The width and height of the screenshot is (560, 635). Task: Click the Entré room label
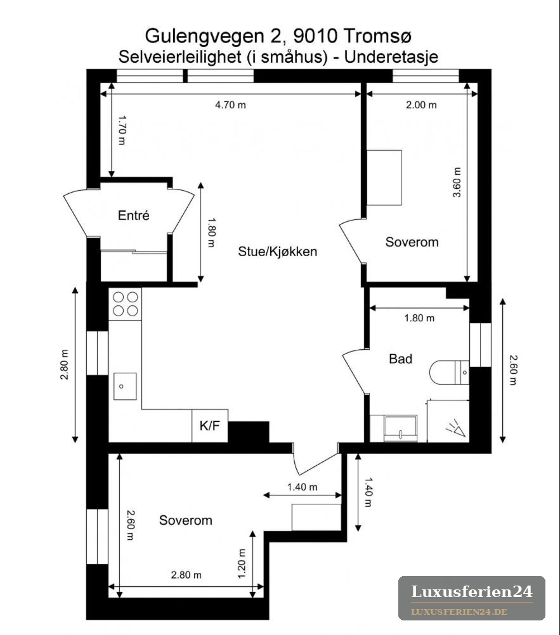coord(133,215)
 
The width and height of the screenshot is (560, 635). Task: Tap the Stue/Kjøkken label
coord(278,252)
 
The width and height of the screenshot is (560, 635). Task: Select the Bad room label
coord(400,359)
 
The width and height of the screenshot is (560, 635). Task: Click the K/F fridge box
coord(210,426)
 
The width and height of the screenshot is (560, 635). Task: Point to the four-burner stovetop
coord(125,304)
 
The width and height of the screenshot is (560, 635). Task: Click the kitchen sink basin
coord(125,387)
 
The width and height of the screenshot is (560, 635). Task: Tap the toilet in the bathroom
coord(449,372)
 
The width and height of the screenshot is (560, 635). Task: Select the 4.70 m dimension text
coord(230,105)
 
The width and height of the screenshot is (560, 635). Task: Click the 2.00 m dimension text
coord(421,105)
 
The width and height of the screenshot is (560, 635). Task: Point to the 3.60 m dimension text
coord(457,183)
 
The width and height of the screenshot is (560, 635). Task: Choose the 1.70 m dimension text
coord(122,131)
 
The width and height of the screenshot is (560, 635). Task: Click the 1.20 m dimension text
coord(242,564)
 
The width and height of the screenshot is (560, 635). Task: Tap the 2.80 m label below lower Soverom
coord(186,575)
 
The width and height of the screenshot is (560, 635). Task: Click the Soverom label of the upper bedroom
coord(412,242)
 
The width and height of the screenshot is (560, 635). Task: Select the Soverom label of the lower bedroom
coord(186,520)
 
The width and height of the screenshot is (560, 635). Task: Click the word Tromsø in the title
coord(377,36)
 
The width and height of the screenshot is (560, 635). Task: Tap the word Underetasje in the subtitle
coord(391,56)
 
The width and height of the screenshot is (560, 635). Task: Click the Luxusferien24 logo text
coord(472,592)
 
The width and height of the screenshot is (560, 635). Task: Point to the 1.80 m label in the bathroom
coord(419,318)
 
